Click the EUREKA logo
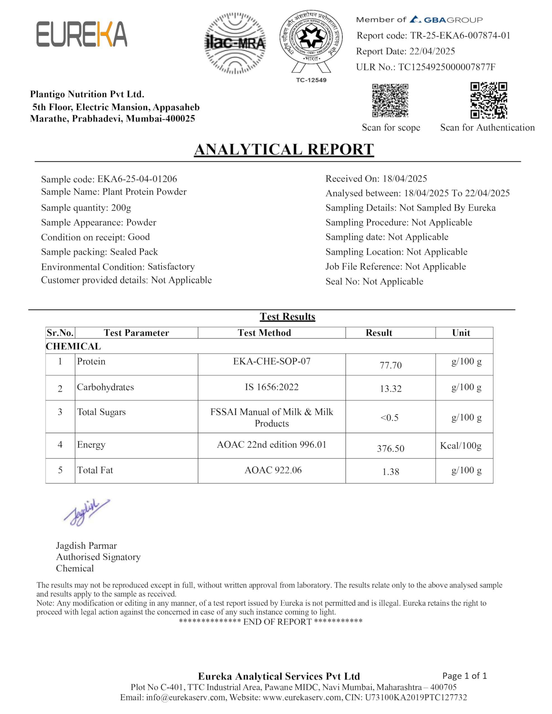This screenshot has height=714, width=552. tap(81, 34)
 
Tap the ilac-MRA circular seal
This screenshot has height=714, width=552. tap(235, 43)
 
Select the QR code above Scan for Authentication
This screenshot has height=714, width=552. tap(489, 100)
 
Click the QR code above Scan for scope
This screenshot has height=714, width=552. tap(390, 100)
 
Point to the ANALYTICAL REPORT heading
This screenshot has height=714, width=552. tap(284, 149)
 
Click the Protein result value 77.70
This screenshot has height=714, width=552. tap(390, 365)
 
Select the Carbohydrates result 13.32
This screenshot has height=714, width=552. tap(390, 389)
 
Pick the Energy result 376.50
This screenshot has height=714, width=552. tap(390, 448)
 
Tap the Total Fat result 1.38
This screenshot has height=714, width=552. tap(390, 472)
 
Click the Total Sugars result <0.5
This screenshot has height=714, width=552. tap(389, 418)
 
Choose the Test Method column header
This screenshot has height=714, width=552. tap(264, 333)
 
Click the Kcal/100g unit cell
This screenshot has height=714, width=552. tap(460, 446)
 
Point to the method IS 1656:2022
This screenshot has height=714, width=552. tap(272, 387)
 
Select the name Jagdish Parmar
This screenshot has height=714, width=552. tap(87, 546)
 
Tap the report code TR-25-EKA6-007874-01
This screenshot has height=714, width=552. tap(460, 35)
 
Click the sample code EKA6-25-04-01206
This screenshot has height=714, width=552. tap(137, 179)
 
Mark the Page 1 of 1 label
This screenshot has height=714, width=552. tap(464, 676)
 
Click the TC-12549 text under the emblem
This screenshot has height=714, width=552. tap(311, 80)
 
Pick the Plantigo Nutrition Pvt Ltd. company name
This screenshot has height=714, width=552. tap(87, 94)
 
